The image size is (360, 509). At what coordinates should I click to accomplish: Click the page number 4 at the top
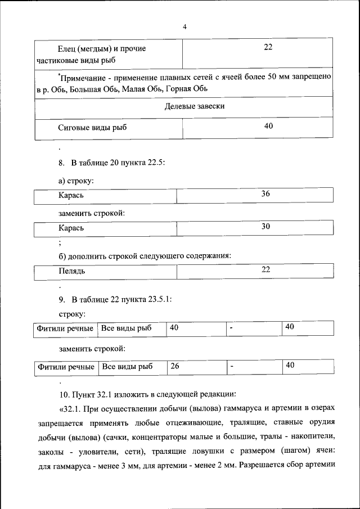coord(184,27)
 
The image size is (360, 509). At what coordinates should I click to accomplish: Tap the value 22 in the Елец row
coord(268,48)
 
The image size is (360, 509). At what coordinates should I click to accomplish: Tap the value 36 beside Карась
coord(265,194)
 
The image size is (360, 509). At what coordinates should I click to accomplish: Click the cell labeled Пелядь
coord(71,271)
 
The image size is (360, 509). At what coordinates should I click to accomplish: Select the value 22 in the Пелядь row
coord(266,269)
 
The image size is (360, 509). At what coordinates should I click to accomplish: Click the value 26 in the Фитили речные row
coord(174,366)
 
